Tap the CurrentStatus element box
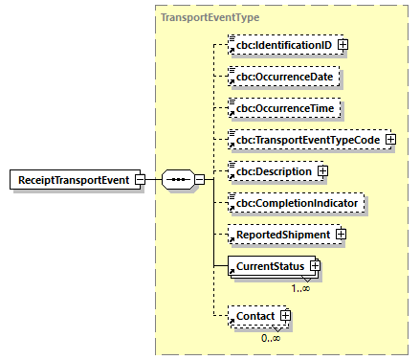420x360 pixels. [267, 266]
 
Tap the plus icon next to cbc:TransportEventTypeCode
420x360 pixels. [390, 140]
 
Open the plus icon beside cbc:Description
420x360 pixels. [322, 171]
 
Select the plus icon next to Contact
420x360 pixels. [284, 316]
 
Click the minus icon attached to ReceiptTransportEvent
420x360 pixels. [140, 179]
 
